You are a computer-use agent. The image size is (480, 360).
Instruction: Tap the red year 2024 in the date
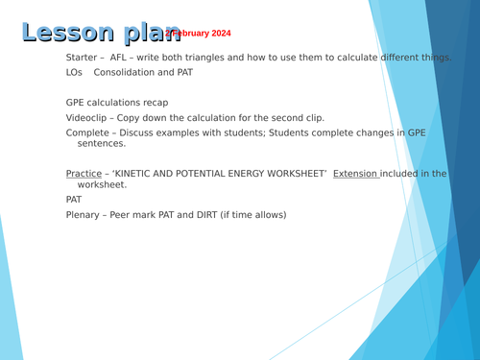218,34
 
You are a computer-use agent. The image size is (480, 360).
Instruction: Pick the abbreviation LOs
74,73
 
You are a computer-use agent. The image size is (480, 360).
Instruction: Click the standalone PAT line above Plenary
74,200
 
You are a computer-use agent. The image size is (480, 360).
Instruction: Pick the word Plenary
84,215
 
